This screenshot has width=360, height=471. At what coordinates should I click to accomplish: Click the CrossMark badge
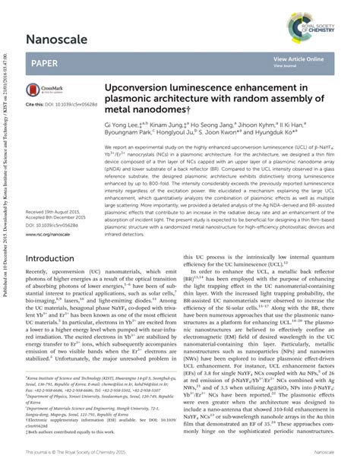43,90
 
